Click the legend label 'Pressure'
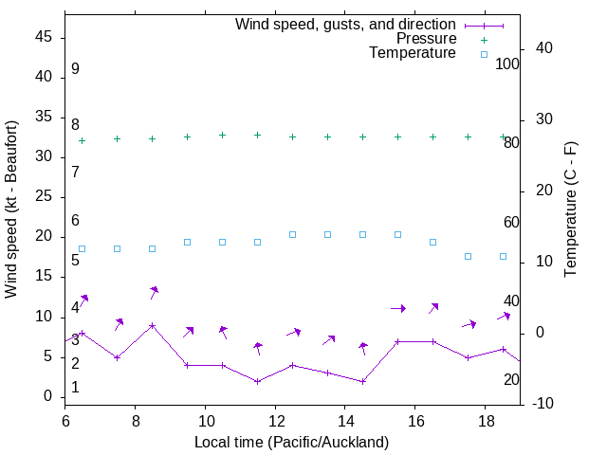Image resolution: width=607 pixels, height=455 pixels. [x=426, y=39]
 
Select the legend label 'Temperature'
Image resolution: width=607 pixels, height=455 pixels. [x=413, y=53]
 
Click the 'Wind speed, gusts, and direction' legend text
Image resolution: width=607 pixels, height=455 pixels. [x=345, y=24]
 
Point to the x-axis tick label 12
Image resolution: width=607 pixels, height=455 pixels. [x=275, y=420]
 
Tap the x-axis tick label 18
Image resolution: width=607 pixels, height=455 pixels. [x=485, y=420]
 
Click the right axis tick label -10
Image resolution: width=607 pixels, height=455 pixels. [x=545, y=404]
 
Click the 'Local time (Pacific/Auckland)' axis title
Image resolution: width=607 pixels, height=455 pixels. [x=291, y=442]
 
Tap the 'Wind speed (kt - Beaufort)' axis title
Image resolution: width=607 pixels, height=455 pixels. [x=11, y=209]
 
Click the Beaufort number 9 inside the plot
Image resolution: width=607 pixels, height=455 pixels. [x=75, y=69]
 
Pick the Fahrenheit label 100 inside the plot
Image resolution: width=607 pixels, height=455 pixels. [x=508, y=64]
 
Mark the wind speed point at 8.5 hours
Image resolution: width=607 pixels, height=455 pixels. [x=152, y=325]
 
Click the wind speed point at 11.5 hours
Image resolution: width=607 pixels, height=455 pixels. [x=257, y=381]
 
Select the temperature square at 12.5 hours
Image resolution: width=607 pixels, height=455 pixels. [x=292, y=234]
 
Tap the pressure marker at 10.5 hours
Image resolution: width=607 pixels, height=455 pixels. [x=222, y=135]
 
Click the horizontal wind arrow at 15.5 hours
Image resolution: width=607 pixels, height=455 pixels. [x=398, y=308]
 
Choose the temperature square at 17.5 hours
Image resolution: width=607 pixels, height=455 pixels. [x=468, y=256]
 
